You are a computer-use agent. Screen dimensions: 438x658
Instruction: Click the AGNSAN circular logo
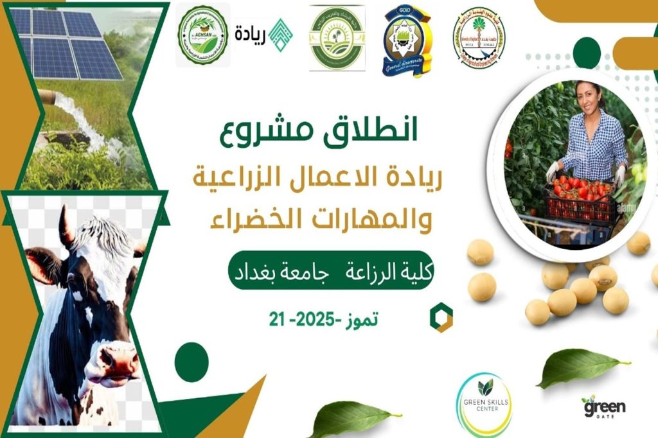click(x=203, y=37)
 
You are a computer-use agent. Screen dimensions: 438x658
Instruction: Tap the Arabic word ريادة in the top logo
click(x=251, y=31)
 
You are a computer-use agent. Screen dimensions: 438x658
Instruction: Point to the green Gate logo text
click(x=603, y=406)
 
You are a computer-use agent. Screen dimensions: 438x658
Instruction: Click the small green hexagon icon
click(x=441, y=318)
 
